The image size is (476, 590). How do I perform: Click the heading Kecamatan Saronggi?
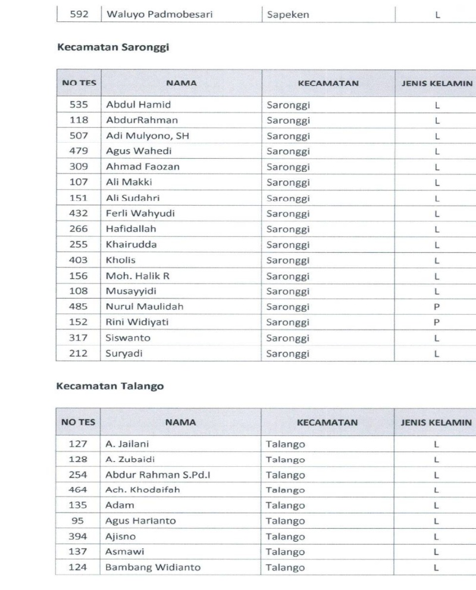point(113,48)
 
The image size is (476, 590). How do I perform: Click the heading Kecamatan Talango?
point(109,386)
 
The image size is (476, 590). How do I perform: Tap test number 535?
point(79,105)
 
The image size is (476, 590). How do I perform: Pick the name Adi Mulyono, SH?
point(148,136)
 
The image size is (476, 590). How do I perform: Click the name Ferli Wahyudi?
point(140,213)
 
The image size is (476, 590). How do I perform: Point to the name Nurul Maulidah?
point(145,306)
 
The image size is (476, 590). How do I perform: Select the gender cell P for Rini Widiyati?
point(436,322)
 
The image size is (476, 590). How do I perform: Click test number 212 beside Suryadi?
point(79,353)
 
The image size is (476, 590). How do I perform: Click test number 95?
point(79,521)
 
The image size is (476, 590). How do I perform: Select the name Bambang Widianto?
point(153,567)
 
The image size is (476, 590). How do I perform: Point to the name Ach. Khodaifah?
point(143,490)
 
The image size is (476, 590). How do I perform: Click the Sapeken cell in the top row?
point(288,15)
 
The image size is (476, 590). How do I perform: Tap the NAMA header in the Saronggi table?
point(181,83)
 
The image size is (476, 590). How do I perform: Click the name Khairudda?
point(131,244)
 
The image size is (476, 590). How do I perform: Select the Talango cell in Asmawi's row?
point(285,552)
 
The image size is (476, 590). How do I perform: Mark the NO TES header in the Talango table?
point(79,423)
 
